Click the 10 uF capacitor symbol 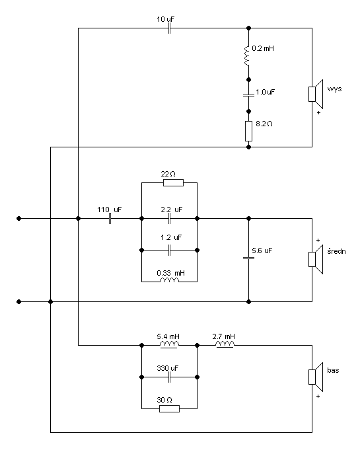click(169, 28)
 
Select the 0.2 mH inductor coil click(247, 55)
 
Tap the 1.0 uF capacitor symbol click(249, 95)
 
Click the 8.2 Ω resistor click(249, 131)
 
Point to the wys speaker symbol click(316, 94)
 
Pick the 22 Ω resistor click(173, 182)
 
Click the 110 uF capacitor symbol click(110, 219)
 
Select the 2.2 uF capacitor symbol click(169, 219)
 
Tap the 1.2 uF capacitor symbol click(169, 250)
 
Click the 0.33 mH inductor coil click(169, 280)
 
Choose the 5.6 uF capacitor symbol click(249, 258)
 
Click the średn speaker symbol click(316, 259)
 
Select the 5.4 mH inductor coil click(169, 344)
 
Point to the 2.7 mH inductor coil click(225, 344)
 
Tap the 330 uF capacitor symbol click(169, 377)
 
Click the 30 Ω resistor click(169, 408)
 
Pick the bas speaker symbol click(316, 377)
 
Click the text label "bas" click(333, 370)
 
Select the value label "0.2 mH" click(263, 49)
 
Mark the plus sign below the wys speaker click(318, 112)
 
